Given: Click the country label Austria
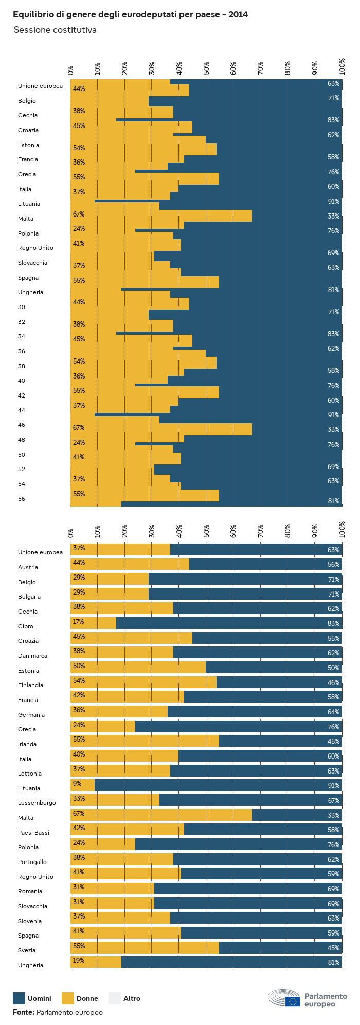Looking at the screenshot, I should tap(28, 567).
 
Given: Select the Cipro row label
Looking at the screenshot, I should tap(26, 626).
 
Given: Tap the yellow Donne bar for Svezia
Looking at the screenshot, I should tap(145, 948).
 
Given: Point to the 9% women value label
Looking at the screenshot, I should tap(77, 784).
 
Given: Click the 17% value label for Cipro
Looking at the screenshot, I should tap(79, 622).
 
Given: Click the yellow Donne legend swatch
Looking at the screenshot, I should tap(68, 998).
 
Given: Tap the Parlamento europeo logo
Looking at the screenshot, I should tap(307, 998).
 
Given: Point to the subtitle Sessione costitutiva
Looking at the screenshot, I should tap(55, 30).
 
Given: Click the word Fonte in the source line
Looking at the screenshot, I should tap(23, 1012).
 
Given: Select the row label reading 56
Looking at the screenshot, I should tap(22, 499).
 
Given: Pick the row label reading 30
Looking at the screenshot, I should tap(22, 307).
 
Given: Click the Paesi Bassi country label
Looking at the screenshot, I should tap(34, 833).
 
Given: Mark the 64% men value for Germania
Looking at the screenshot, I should tap(333, 712).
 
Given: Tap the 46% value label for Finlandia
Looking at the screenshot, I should tap(333, 682).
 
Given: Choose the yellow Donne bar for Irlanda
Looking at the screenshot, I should tap(145, 742).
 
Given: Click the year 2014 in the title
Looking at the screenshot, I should tap(238, 15).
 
